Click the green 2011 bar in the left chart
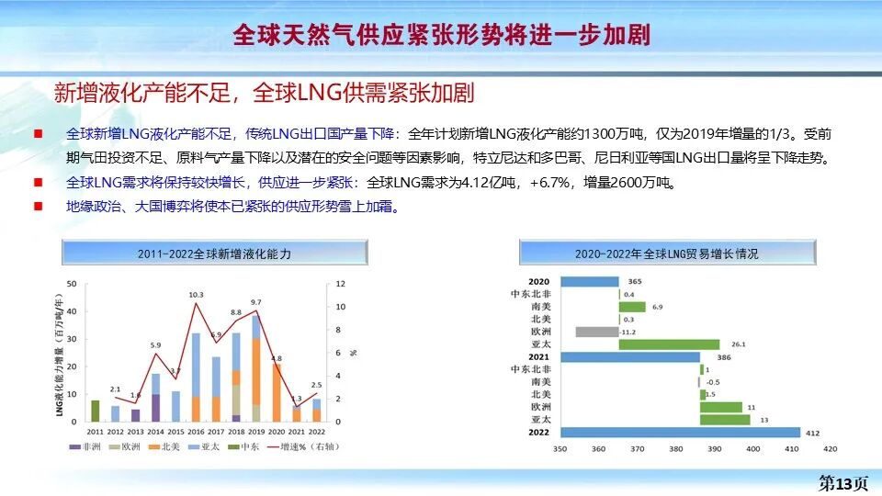[x=96, y=411]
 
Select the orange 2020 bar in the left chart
[x=277, y=392]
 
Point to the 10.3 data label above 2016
[x=196, y=295]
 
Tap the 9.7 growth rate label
[x=256, y=302]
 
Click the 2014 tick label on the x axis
[x=156, y=431]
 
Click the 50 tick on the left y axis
[x=72, y=284]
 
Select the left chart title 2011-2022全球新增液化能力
[x=214, y=253]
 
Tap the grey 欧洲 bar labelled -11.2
[x=597, y=332]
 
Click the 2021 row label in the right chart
[x=539, y=356]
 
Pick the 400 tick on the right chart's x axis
[x=753, y=449]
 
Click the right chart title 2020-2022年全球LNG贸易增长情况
[x=667, y=253]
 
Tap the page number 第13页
[x=842, y=483]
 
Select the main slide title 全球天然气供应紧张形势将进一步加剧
[x=441, y=35]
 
